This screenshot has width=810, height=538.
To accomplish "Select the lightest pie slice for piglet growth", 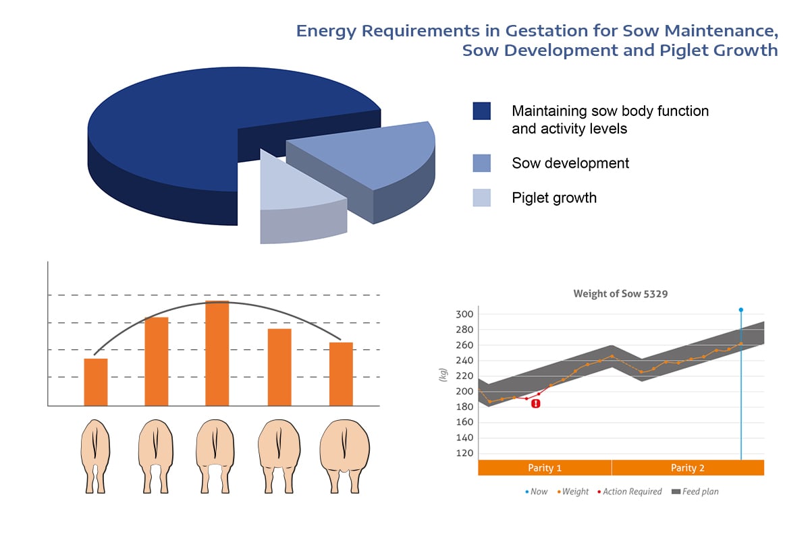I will [297, 189].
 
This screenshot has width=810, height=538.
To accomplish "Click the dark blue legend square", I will [481, 111].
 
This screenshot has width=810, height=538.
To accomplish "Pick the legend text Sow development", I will [570, 163].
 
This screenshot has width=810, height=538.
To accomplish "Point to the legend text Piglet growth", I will [553, 198].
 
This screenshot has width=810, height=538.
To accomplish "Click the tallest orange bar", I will [217, 354].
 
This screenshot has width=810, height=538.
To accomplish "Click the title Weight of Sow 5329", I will [620, 294].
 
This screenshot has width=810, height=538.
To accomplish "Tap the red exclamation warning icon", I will [536, 403].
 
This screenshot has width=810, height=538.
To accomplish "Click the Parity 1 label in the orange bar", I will [545, 468].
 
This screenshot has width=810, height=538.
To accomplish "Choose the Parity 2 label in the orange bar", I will [688, 468].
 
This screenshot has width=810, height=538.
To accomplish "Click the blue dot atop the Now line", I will [741, 310].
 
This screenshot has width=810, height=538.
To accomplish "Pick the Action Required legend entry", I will [629, 492].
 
